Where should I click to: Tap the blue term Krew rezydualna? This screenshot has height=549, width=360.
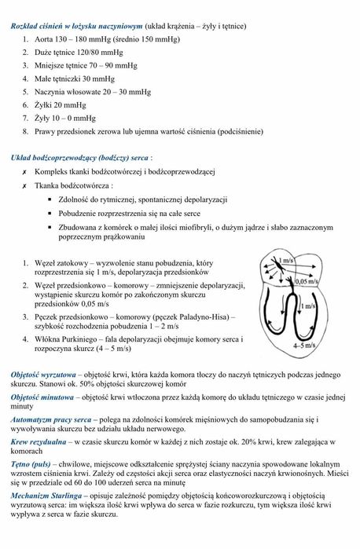coord(39,443)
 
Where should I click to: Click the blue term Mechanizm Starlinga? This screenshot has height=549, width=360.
coord(50,497)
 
